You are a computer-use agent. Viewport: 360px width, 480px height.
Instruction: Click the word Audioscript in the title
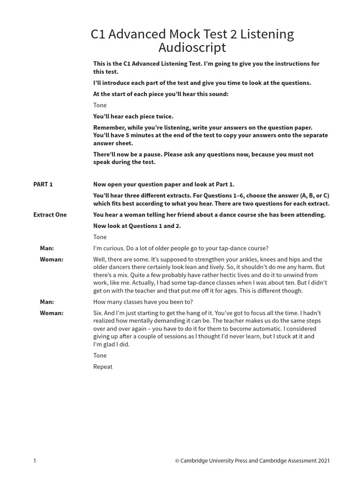pyautogui.click(x=192, y=47)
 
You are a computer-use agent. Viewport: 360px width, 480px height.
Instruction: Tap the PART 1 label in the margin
pyautogui.click(x=43, y=184)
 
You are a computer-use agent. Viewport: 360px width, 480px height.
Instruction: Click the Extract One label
pyautogui.click(x=50, y=215)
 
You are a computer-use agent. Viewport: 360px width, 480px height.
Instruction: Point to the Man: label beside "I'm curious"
pyautogui.click(x=47, y=248)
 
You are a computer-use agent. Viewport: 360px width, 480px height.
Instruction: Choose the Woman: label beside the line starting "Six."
pyautogui.click(x=52, y=313)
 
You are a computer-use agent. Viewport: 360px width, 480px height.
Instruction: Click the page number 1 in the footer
pyautogui.click(x=35, y=461)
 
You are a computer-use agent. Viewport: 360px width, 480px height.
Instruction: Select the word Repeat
pyautogui.click(x=103, y=367)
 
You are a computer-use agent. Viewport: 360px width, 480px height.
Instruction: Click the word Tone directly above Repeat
pyautogui.click(x=100, y=355)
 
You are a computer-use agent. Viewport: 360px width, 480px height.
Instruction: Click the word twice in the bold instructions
pyautogui.click(x=164, y=116)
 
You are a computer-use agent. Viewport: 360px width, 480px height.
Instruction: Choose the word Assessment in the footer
pyautogui.click(x=298, y=461)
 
